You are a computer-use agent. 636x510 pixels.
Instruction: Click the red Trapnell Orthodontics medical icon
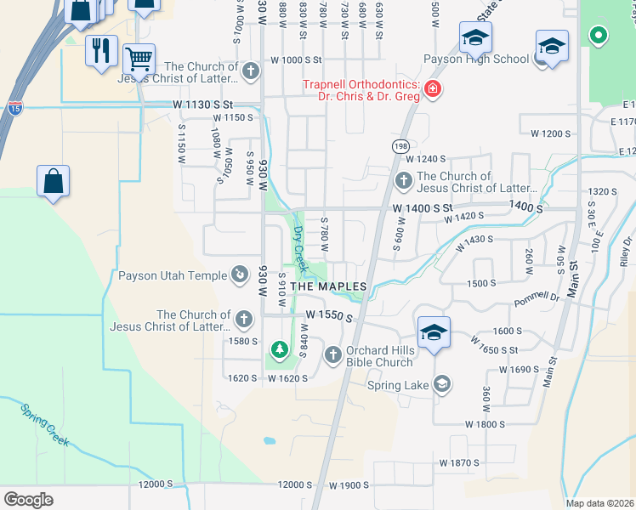click(x=433, y=88)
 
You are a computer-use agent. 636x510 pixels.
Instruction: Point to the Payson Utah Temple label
click(x=172, y=275)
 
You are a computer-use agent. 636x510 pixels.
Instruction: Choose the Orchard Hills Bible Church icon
click(x=332, y=354)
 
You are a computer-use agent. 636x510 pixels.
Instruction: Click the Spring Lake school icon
click(x=441, y=385)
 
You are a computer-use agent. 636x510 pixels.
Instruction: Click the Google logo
click(x=29, y=499)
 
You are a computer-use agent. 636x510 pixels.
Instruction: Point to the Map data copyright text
click(x=599, y=503)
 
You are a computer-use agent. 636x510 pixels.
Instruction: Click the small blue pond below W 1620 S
click(x=270, y=441)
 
